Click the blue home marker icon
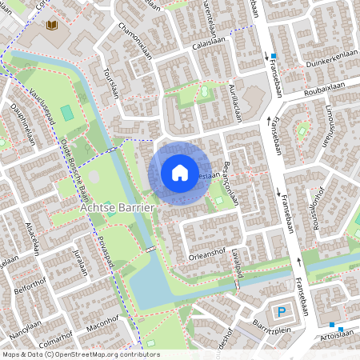point(180,172)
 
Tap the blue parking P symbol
point(280,312)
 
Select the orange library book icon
point(52,26)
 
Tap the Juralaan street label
point(79,262)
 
